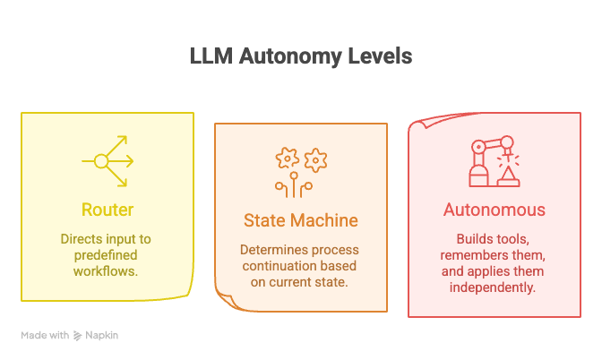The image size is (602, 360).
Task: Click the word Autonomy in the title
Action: pos(290,56)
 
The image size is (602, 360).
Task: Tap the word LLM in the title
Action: pos(211,56)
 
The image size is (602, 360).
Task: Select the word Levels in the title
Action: pos(380,56)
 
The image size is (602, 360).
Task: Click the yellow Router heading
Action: pos(107,210)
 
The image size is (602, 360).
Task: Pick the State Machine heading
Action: pos(301,220)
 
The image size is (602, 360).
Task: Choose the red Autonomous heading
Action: pos(494,210)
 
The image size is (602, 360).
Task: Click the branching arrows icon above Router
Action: pos(107,161)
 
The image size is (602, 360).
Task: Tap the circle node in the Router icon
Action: pos(101,161)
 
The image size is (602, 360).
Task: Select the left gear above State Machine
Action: pos(287,159)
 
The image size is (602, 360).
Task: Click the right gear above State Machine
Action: pos(315,160)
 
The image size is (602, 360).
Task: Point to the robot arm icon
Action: pos(494,161)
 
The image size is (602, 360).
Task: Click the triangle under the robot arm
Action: pos(508,175)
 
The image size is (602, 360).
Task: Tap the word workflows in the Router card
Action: pos(106,271)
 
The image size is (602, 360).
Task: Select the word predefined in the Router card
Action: pos(106,255)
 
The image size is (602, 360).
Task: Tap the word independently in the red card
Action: pos(493,287)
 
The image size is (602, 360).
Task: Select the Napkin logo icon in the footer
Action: pos(77,336)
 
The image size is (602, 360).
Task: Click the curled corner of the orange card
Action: pos(227,298)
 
